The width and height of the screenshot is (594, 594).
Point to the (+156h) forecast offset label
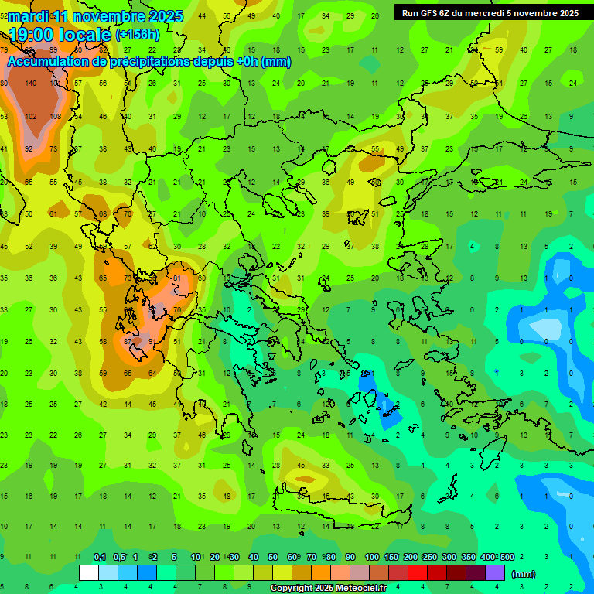pyautogui.click(x=138, y=35)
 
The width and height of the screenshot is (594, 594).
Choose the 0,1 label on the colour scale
pyautogui.click(x=99, y=557)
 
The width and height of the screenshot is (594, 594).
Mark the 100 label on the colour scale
pyautogui.click(x=371, y=557)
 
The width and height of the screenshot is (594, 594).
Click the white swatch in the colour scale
pyautogui.click(x=89, y=573)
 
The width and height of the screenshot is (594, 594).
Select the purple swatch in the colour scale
pyautogui.click(x=495, y=573)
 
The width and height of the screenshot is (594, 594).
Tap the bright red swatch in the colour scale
pyautogui.click(x=418, y=573)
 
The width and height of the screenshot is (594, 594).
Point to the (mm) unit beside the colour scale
pyautogui.click(x=524, y=574)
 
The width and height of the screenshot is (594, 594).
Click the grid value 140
pyautogui.click(x=31, y=84)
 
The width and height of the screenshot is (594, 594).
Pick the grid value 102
pyautogui.click(x=31, y=116)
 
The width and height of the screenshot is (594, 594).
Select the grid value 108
pyautogui.click(x=55, y=116)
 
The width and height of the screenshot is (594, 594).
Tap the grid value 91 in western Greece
pyautogui.click(x=152, y=341)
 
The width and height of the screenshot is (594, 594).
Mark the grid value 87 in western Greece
pyautogui.click(x=128, y=341)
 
